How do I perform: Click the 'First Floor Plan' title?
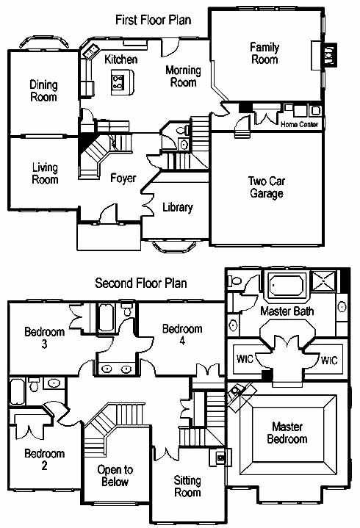[154, 20]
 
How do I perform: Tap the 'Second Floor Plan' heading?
[141, 283]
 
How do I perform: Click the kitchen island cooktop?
[118, 82]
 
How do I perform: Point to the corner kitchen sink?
[90, 52]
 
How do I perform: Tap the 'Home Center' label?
[299, 124]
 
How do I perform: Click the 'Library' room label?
[178, 207]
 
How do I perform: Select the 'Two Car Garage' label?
[267, 187]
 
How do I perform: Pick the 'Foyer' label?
[123, 178]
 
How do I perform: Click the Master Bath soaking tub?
[287, 286]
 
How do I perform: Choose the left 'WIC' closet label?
[245, 359]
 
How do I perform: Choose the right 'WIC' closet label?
[329, 361]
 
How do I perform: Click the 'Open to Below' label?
[115, 475]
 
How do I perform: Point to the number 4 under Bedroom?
[182, 341]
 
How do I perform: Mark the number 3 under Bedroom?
[45, 344]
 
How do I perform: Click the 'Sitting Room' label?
[187, 486]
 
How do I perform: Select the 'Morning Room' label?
[183, 76]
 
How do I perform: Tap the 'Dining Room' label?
[43, 91]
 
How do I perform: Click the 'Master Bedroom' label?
[287, 433]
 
